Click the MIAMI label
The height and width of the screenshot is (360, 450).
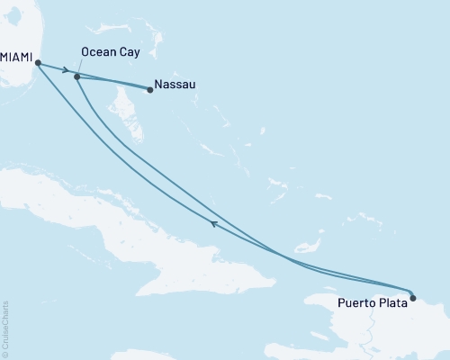coord(17,56)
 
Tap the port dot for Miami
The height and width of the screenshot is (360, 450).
coord(37,63)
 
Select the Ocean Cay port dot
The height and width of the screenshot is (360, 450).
coord(77,76)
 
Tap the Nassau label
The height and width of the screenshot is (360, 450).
coord(175,86)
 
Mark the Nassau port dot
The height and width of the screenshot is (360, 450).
coord(149,89)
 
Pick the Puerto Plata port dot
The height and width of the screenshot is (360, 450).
coord(412,296)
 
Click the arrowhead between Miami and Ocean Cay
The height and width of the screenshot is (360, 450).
coord(66,70)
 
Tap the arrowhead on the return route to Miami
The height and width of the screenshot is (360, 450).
coord(212,223)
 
